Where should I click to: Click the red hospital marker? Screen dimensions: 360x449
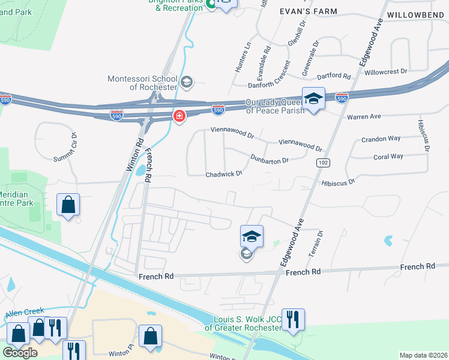click(x=179, y=116)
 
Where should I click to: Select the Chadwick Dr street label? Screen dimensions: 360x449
click(x=224, y=174)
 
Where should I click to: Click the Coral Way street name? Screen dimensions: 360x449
click(x=388, y=157)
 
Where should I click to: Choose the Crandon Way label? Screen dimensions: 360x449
click(x=381, y=139)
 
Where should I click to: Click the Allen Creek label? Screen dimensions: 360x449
click(x=22, y=314)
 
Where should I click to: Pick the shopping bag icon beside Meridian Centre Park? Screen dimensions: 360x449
click(x=68, y=205)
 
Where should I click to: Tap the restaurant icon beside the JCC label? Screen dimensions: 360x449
click(x=293, y=319)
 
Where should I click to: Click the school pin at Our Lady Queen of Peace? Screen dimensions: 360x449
click(x=313, y=98)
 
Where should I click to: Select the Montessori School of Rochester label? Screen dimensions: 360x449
click(x=142, y=83)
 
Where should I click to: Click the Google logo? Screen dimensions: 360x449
click(x=20, y=353)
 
